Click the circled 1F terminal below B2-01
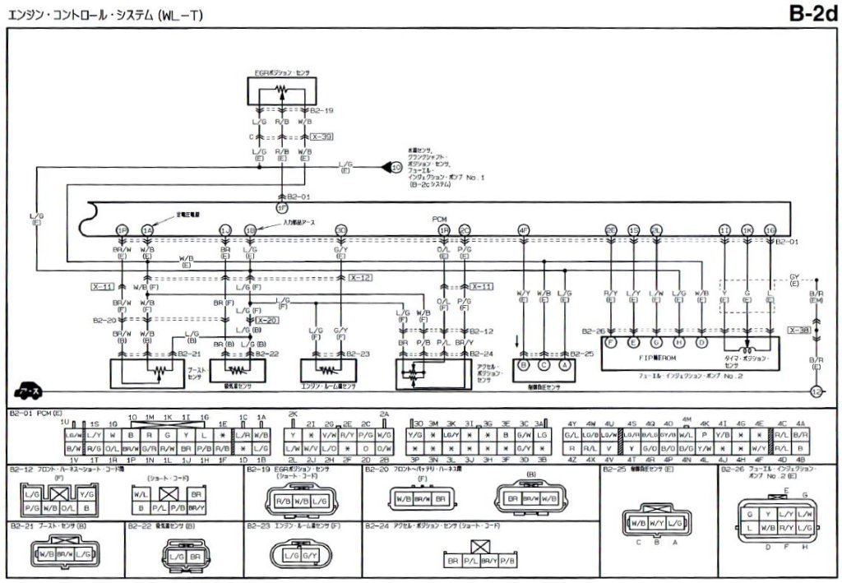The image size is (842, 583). coord(282,209)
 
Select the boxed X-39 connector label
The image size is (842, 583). coord(322,136)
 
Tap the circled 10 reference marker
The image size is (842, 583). coord(396,168)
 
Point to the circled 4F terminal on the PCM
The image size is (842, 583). coord(524,229)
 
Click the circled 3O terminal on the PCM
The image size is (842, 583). coord(340,229)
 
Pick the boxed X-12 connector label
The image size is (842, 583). coord(360,277)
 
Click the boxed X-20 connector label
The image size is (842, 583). coord(266,320)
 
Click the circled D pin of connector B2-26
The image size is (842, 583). coord(701,341)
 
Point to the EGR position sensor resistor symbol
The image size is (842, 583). coord(282,89)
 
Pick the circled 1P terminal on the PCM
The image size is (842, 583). coord(122,229)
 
